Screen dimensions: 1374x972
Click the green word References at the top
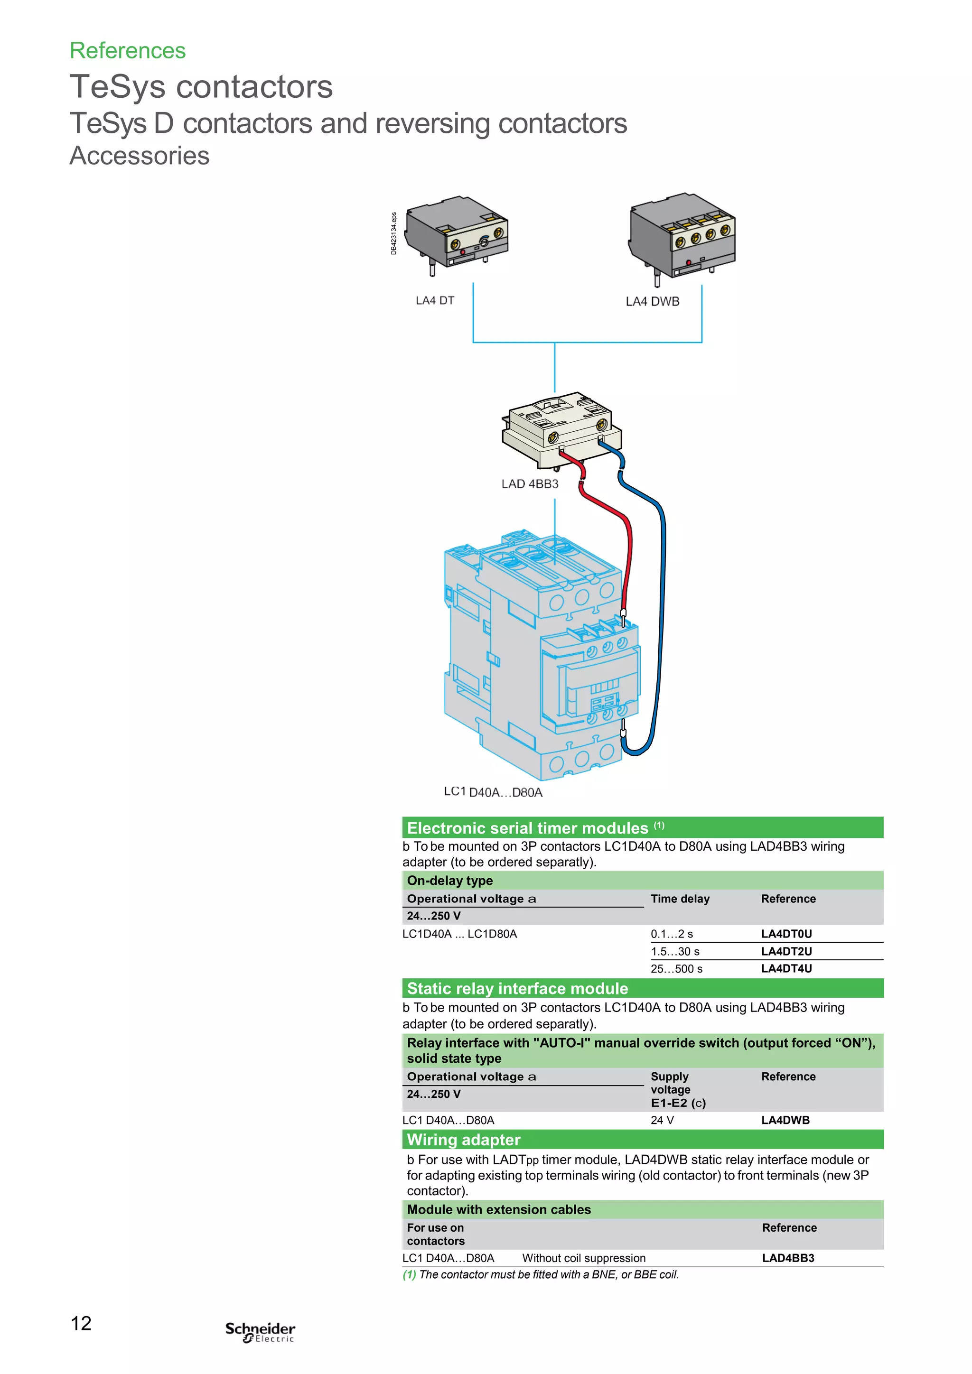tap(128, 51)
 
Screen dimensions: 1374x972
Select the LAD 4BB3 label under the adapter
tap(530, 483)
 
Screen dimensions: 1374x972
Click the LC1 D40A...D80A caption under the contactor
tap(493, 792)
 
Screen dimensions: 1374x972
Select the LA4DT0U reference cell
tap(786, 934)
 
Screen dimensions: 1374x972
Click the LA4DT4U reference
tap(786, 968)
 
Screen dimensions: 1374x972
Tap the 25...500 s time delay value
tap(676, 968)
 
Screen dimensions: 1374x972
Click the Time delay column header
tap(680, 898)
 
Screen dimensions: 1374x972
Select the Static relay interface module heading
tap(517, 989)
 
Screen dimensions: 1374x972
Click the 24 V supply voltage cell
tap(662, 1120)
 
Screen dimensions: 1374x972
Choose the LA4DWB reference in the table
tap(785, 1120)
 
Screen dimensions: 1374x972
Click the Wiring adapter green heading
tap(463, 1140)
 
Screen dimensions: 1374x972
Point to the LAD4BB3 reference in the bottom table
tap(788, 1258)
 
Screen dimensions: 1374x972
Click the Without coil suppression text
tap(584, 1258)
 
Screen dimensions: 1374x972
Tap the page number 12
tap(82, 1323)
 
